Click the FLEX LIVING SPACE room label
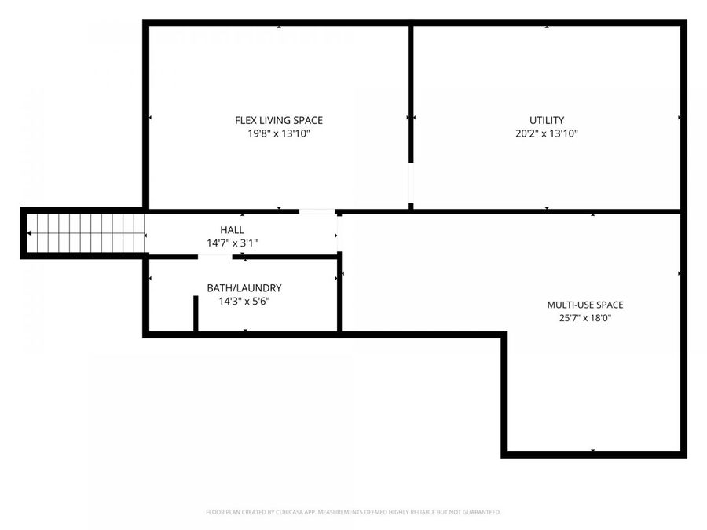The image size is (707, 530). tap(279, 120)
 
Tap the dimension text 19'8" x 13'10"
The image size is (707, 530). tap(279, 133)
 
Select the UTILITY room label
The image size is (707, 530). tap(547, 120)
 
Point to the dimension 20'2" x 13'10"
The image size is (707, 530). tap(547, 133)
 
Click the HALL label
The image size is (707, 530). tap(233, 230)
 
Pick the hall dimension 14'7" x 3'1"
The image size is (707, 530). tap(233, 243)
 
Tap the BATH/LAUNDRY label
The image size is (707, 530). tap(244, 288)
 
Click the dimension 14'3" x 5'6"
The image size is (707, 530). tap(244, 301)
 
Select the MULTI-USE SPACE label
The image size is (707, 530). tap(585, 305)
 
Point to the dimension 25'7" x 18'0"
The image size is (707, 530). tap(585, 318)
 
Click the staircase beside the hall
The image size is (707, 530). tap(86, 233)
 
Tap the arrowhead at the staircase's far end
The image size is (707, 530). tap(29, 233)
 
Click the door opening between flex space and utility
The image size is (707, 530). tap(411, 183)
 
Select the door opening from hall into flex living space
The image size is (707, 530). tap(317, 211)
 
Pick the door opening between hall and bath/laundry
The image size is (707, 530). tap(215, 257)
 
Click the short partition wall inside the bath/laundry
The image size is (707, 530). tap(196, 313)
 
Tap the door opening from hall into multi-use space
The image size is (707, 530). tap(339, 233)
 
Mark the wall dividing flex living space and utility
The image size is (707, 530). tap(411, 93)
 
